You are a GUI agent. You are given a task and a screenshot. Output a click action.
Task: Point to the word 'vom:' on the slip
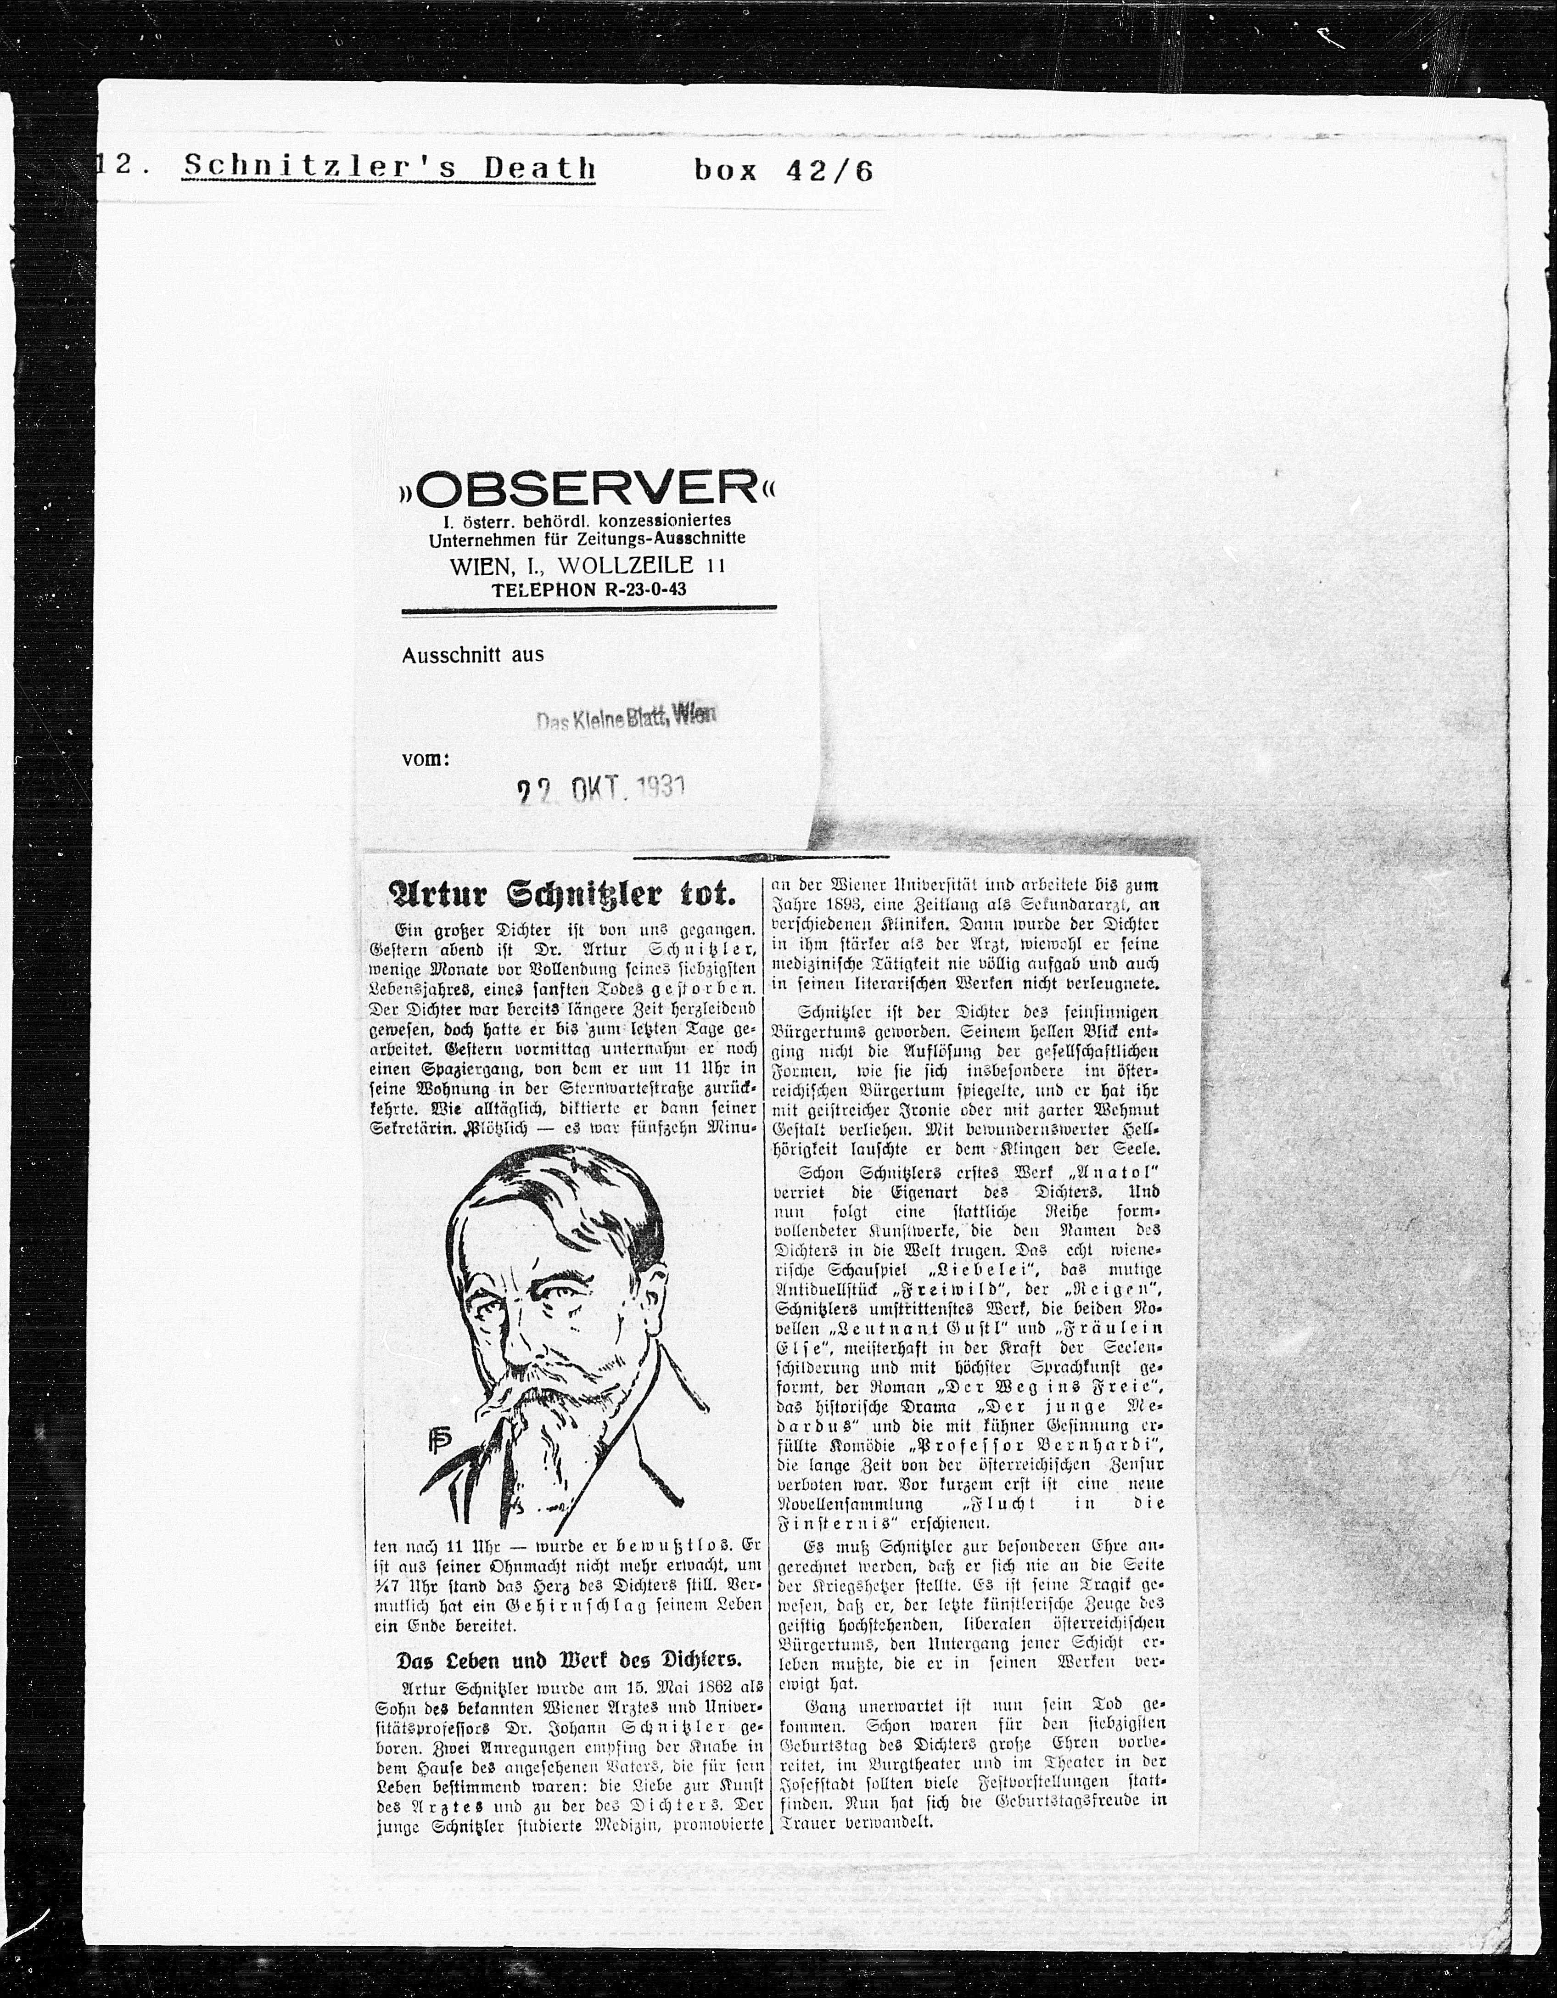coord(426,758)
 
